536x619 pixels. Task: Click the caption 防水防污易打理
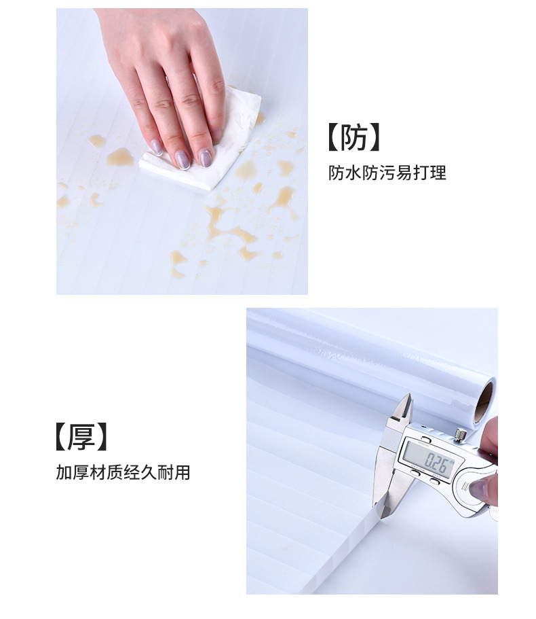[x=387, y=173]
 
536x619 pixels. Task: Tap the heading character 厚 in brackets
[x=81, y=437]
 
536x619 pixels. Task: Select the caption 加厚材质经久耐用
[x=123, y=472]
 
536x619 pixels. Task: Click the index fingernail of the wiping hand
[x=155, y=147]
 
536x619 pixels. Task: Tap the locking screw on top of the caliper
[x=459, y=433]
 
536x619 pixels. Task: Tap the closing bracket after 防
[x=374, y=138]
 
